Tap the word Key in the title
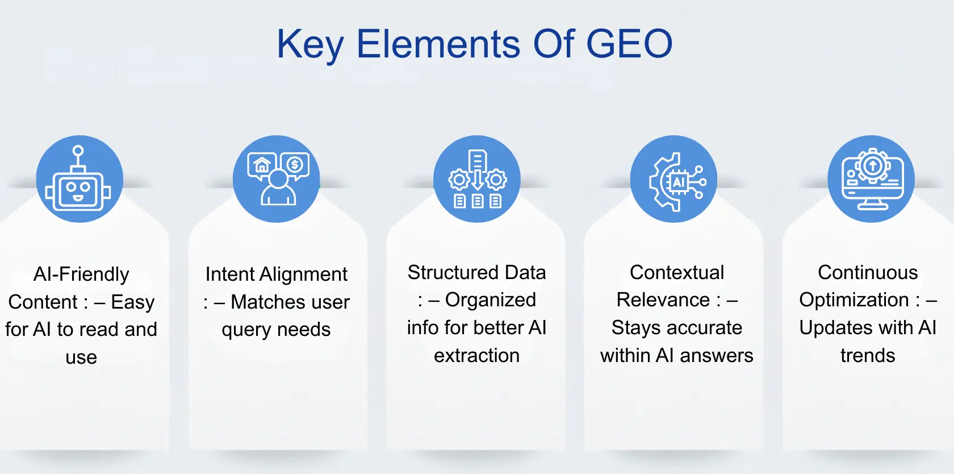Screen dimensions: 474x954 [310, 45]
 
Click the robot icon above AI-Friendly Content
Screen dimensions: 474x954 [79, 179]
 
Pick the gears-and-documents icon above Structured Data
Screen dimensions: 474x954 [477, 179]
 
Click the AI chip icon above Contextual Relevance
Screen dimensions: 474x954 [674, 179]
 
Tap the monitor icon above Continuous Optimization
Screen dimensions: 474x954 [871, 179]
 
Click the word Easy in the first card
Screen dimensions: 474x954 [133, 302]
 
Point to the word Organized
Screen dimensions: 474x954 [491, 300]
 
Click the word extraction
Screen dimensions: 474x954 [476, 355]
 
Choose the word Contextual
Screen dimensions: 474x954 [677, 272]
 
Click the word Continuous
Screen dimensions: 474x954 [868, 272]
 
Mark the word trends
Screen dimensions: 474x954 [868, 355]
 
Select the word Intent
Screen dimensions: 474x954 [230, 274]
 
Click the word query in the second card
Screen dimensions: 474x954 [246, 330]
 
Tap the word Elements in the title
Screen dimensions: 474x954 [438, 44]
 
